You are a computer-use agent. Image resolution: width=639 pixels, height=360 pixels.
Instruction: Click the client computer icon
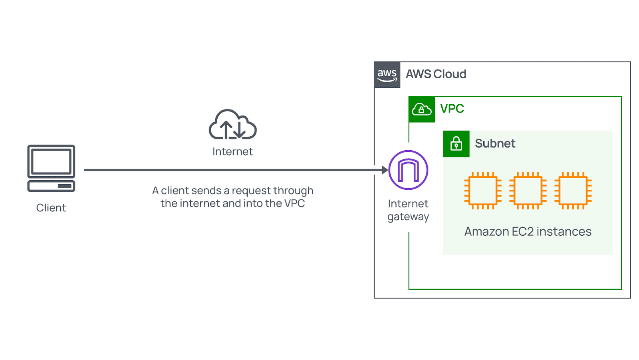coord(51,168)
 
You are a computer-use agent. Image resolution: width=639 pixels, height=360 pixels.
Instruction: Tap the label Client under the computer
coord(51,208)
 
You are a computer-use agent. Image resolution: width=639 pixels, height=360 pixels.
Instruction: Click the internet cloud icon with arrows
coord(233,125)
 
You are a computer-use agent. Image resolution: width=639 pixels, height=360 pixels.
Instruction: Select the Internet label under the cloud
coord(232,151)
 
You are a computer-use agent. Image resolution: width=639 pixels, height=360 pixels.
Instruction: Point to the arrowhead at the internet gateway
coord(385,170)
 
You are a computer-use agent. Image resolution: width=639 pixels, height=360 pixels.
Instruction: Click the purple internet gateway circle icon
coord(408,170)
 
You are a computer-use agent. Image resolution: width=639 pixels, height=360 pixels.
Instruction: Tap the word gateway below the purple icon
coord(408,217)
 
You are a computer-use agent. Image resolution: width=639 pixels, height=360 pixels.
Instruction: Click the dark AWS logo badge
coord(387,75)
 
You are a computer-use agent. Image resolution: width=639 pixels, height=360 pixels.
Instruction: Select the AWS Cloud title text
coord(436,74)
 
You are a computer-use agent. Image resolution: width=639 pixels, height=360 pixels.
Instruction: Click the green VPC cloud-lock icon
coord(422,109)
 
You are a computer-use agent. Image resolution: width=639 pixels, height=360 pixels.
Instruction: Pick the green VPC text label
coord(452,109)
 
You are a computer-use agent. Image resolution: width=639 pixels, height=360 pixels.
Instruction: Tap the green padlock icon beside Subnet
coord(456,144)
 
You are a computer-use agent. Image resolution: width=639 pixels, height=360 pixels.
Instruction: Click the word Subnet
coord(495,143)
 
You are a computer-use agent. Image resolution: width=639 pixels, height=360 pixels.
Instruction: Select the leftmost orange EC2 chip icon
coord(483,191)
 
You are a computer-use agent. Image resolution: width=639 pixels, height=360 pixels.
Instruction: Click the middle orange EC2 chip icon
coord(528,191)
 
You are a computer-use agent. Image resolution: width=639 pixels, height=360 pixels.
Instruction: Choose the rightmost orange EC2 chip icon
coord(573,191)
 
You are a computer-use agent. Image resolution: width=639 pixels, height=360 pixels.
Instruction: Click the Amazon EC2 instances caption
coord(528,232)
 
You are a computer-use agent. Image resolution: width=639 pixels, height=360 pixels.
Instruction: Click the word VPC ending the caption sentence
coord(294,203)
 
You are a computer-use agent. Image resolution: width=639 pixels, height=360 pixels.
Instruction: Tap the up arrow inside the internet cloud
coord(226,129)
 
